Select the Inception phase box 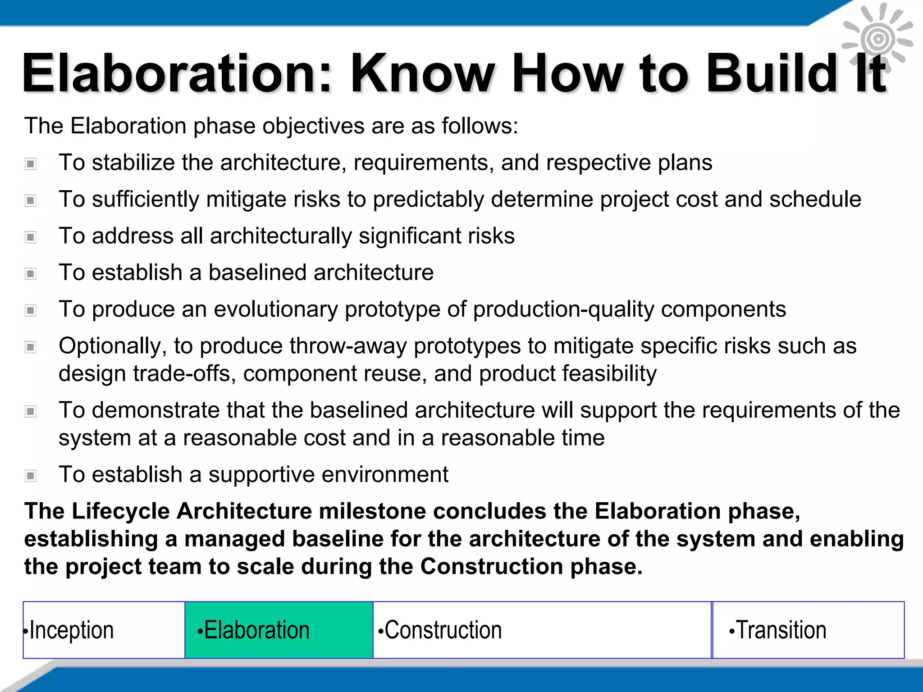pos(104,630)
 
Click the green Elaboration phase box pos(279,630)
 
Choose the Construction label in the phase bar pos(443,630)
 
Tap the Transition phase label pos(781,630)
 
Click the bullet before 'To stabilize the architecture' pos(31,164)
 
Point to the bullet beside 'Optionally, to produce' pos(31,347)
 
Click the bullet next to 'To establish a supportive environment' pos(31,475)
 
